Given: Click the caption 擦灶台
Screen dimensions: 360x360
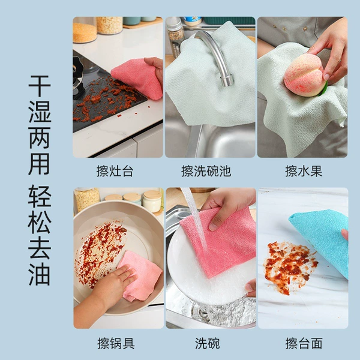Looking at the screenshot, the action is [115, 171].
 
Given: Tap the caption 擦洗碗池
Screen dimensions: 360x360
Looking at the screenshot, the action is [206, 171].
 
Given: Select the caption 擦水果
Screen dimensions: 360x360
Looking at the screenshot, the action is [304, 171].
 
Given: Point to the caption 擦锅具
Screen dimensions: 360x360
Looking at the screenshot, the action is [116, 343].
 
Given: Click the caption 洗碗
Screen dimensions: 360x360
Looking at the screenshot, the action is [208, 343].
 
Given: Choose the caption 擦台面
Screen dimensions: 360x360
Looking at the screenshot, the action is [304, 343].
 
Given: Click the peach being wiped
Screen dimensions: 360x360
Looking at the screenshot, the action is [304, 76].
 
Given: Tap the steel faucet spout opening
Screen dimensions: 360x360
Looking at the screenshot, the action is [227, 82].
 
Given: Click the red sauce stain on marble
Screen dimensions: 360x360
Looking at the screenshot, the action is [290, 266].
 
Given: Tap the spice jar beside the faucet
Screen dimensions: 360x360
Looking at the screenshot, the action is [175, 37].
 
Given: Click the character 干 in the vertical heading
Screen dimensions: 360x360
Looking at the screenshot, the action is [39, 86].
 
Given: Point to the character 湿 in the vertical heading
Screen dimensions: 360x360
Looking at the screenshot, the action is [39, 112].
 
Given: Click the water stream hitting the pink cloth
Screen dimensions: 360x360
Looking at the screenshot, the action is [195, 218].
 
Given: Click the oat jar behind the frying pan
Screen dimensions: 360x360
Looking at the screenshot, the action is [87, 199].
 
